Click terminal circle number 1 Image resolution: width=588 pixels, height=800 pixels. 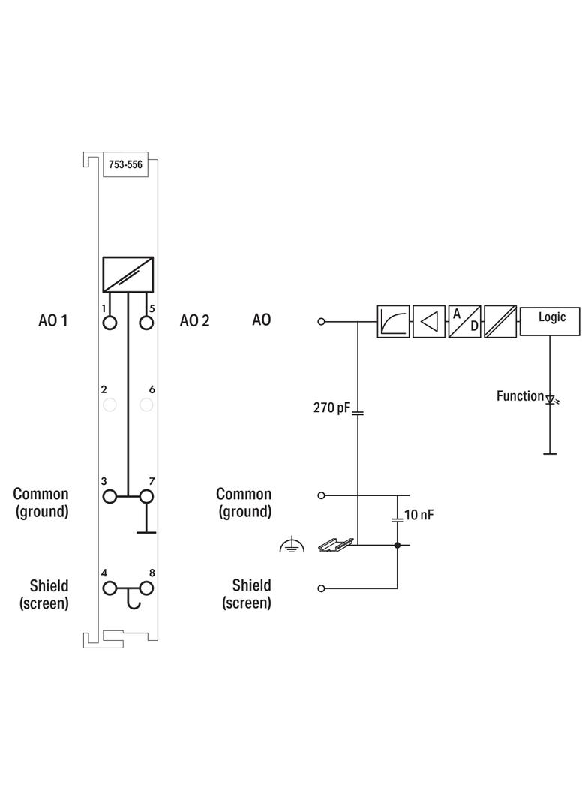coord(109,323)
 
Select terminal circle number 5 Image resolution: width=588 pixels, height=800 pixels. coord(146,323)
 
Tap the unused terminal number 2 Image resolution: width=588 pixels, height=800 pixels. coord(109,405)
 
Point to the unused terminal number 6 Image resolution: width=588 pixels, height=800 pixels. coord(146,405)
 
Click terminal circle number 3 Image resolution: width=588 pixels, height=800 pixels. coord(109,496)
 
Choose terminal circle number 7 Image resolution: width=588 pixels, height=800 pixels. coord(146,496)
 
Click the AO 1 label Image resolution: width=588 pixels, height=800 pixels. coord(53,320)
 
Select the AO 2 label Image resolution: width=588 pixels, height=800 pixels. coord(194,320)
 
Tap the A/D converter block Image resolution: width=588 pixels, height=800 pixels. coord(464,321)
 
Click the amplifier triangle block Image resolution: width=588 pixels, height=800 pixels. coord(429,321)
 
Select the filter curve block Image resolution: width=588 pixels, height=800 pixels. coord(393,321)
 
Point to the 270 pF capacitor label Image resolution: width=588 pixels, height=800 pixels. coord(331,408)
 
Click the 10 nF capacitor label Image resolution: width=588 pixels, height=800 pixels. coord(418,516)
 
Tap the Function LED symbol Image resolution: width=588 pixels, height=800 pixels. coord(550,400)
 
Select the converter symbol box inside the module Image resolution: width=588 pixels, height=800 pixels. coord(127,274)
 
